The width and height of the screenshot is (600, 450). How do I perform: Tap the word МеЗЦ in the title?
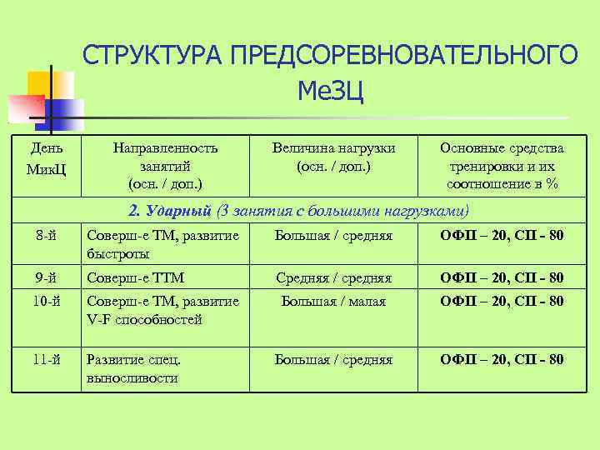coord(330,88)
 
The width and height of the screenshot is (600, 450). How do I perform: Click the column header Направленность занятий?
coord(165,165)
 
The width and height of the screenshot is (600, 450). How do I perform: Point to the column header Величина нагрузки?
coord(333,157)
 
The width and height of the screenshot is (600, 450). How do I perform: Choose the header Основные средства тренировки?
coord(502,165)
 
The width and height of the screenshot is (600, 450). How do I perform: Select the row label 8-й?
coord(46,236)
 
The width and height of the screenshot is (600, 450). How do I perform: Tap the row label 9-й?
coord(46,277)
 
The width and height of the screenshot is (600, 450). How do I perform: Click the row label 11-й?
coord(46,360)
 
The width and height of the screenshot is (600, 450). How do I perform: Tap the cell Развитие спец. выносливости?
coord(133,368)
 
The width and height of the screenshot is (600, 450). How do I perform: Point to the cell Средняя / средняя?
coord(333,277)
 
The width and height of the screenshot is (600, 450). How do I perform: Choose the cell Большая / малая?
coord(333,301)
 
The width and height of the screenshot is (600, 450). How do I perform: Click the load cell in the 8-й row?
coord(333,236)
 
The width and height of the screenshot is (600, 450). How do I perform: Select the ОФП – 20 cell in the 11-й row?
coord(502,360)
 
